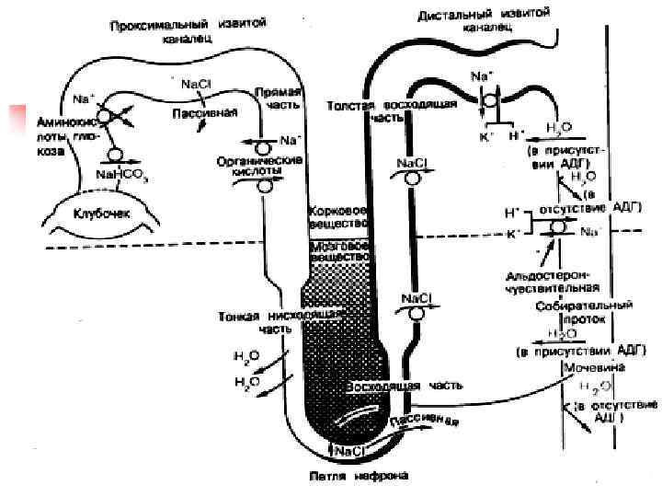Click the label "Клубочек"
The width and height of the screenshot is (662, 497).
(102, 211)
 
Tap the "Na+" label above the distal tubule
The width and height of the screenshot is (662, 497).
(481, 77)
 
